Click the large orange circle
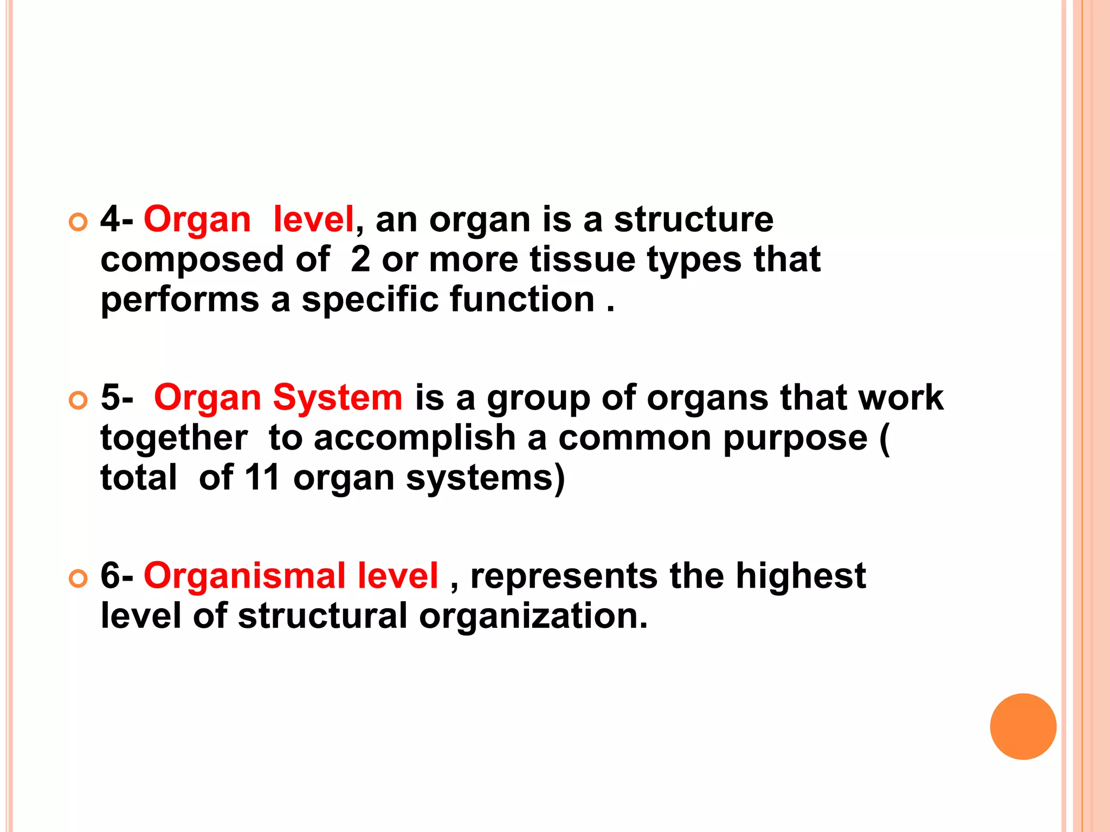click(x=1023, y=726)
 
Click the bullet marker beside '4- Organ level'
click(x=79, y=222)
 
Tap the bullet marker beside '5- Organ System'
click(x=79, y=400)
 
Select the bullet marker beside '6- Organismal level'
click(x=79, y=578)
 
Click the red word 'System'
click(x=338, y=398)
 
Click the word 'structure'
click(x=693, y=220)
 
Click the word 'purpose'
click(x=795, y=439)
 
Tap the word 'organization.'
click(x=533, y=616)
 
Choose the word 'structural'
click(x=322, y=616)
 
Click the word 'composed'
click(x=192, y=261)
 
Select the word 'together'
click(x=174, y=439)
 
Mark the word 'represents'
click(x=564, y=576)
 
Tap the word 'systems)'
click(x=485, y=479)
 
